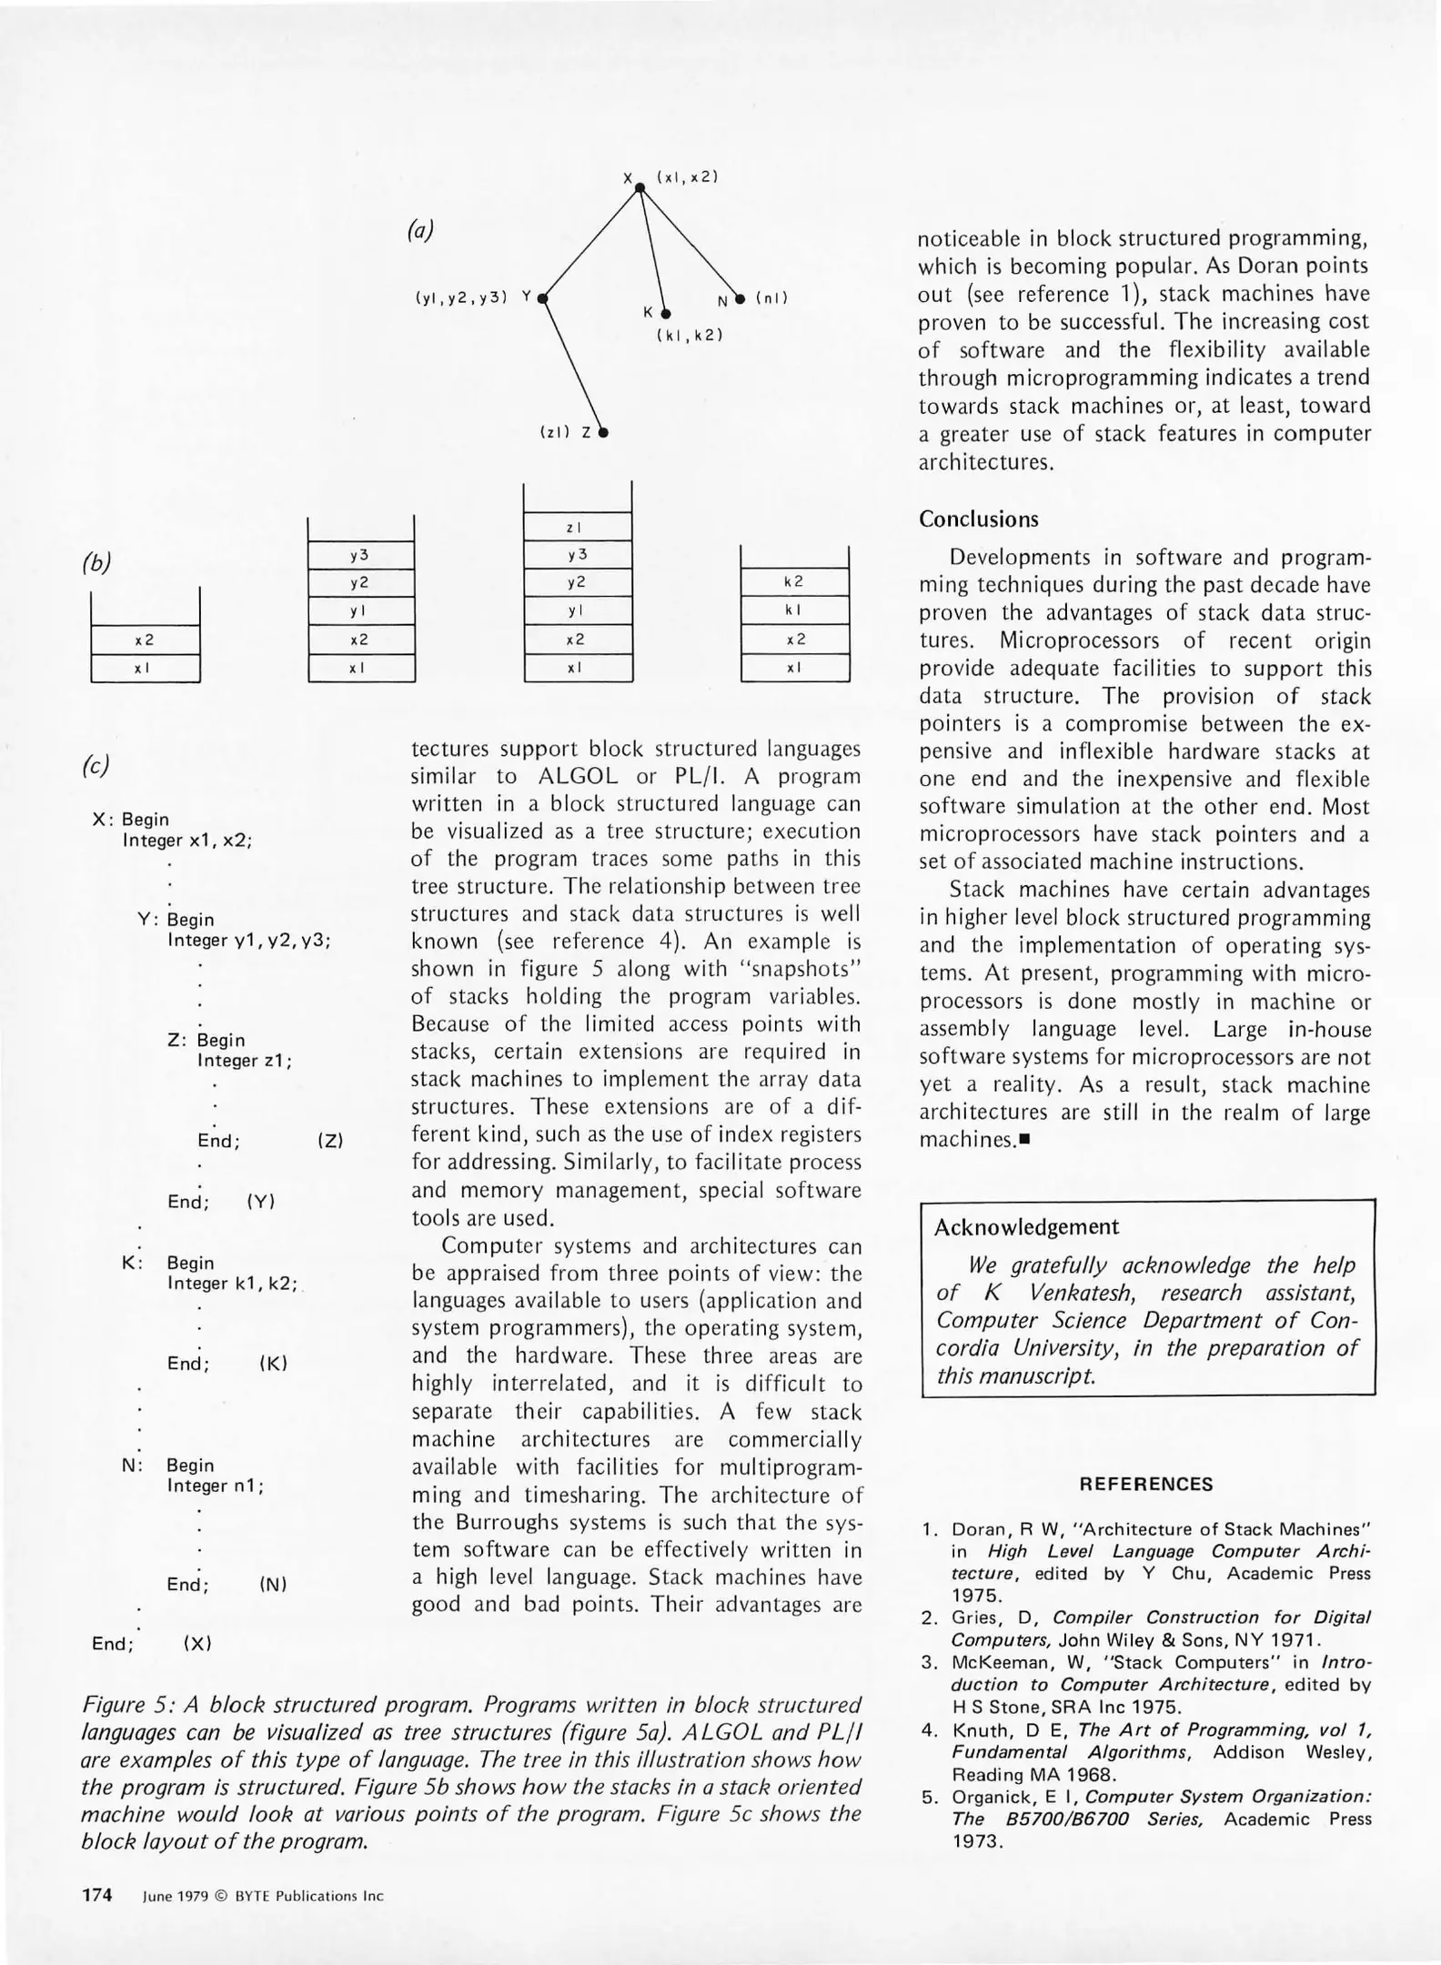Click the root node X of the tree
click(x=640, y=186)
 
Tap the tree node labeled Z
click(x=603, y=433)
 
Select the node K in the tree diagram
click(x=666, y=313)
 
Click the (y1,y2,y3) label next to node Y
click(x=460, y=297)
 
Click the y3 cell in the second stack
click(x=360, y=555)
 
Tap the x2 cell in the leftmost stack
click(x=145, y=640)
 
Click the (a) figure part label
click(x=420, y=230)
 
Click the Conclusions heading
click(x=978, y=519)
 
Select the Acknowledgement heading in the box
click(x=1026, y=1227)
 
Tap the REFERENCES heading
click(x=1145, y=1485)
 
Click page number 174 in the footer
click(x=97, y=1895)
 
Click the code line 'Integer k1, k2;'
click(x=233, y=1284)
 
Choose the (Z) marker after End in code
click(x=330, y=1141)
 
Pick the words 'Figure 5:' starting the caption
click(x=127, y=1705)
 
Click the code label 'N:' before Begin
click(x=133, y=1466)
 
